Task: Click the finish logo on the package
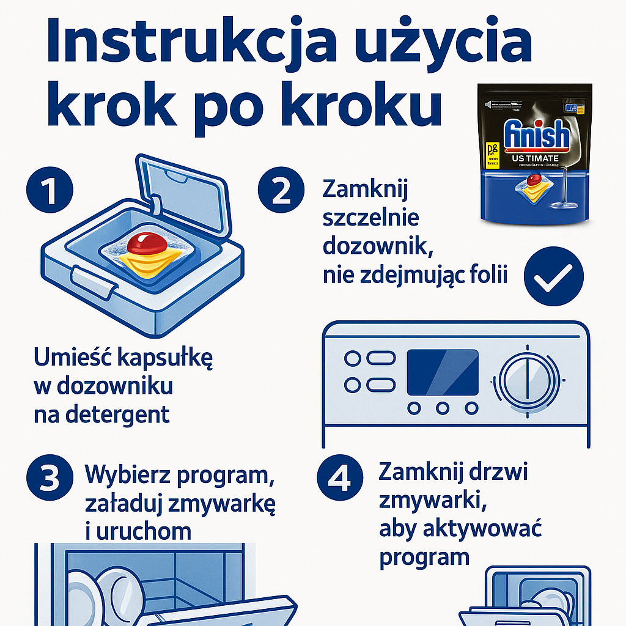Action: pyautogui.click(x=536, y=136)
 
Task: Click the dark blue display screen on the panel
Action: pyautogui.click(x=443, y=372)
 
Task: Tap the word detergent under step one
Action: pyautogui.click(x=101, y=414)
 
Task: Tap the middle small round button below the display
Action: pyautogui.click(x=443, y=407)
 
